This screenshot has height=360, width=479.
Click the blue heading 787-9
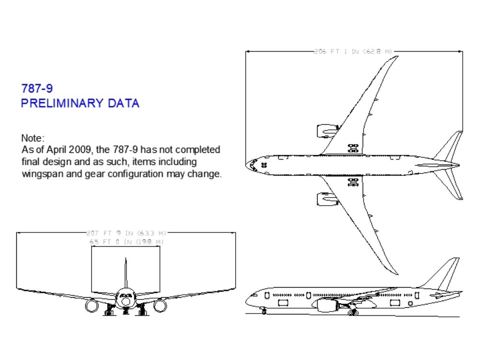(37, 88)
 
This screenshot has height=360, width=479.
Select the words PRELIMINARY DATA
(80, 103)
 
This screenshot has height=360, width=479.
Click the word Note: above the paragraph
(33, 138)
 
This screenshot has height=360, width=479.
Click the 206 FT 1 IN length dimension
(353, 51)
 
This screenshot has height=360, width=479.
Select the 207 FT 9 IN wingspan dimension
(126, 233)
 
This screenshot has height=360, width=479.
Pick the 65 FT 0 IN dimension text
(126, 242)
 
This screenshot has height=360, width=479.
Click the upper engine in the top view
(326, 131)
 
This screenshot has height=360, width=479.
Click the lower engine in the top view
(326, 198)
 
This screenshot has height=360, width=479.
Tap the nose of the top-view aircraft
(248, 165)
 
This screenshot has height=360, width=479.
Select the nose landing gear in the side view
(264, 311)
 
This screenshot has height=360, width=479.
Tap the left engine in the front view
(92, 305)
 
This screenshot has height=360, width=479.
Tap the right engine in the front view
(160, 305)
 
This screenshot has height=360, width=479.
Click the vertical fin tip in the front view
(125, 260)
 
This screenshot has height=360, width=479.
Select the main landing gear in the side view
(354, 312)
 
